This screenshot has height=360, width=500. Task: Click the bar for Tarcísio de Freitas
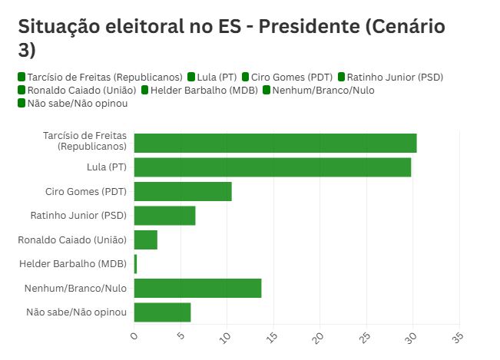pos(275,143)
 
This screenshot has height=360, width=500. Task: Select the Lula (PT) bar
pos(272,167)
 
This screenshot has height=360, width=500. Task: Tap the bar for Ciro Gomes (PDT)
pos(183,192)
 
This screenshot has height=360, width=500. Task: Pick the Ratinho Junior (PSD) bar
pos(164,216)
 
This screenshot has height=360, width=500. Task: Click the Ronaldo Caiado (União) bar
pos(146,240)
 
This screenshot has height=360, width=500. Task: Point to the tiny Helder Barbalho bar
pos(135,264)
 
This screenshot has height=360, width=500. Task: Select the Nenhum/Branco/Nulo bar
pos(197,288)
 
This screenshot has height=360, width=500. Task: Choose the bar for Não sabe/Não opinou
pos(162,312)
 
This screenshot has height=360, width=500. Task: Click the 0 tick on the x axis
pos(134,335)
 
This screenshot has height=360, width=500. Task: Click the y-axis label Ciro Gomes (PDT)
pos(87,192)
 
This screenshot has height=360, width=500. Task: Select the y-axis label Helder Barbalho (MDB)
pos(74,264)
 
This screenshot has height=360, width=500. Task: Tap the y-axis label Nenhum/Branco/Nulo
pos(79,289)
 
